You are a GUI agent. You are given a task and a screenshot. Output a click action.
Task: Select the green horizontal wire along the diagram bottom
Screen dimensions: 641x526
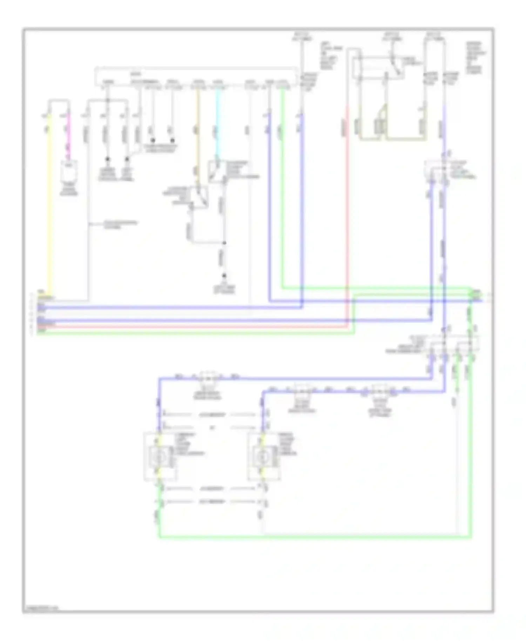pyautogui.click(x=316, y=537)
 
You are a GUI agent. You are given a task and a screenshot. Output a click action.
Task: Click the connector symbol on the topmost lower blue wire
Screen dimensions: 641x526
pyautogui.click(x=208, y=378)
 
